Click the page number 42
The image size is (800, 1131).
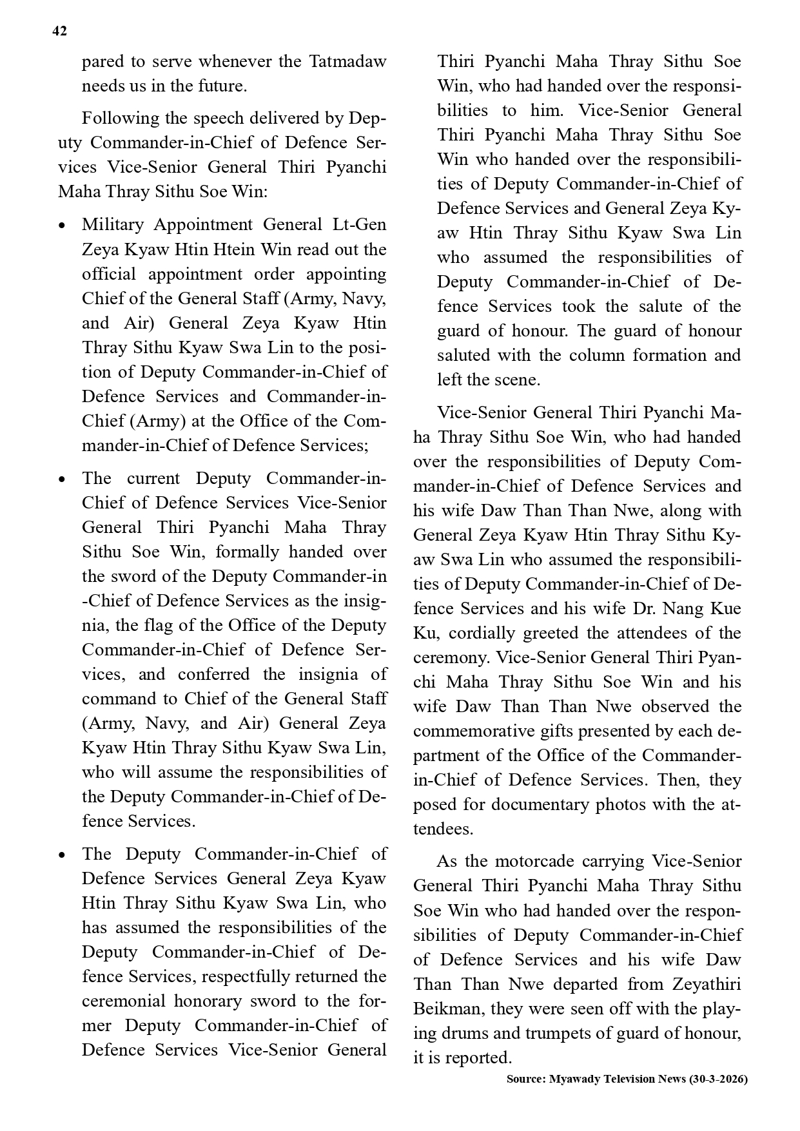(59, 31)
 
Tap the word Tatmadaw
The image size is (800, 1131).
(347, 61)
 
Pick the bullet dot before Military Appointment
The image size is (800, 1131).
(62, 226)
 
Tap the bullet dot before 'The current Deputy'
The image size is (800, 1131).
(62, 479)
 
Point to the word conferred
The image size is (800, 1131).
(213, 674)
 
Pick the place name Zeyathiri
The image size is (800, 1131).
(706, 984)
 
